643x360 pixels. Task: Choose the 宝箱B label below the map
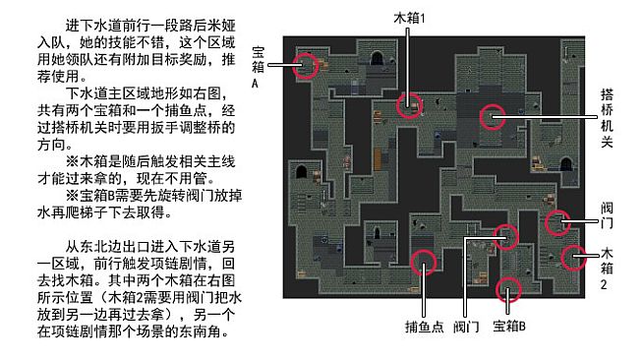pos(509,326)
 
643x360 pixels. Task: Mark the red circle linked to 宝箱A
pos(308,65)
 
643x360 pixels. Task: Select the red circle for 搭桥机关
pos(492,117)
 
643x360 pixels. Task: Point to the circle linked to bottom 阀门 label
pos(505,236)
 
